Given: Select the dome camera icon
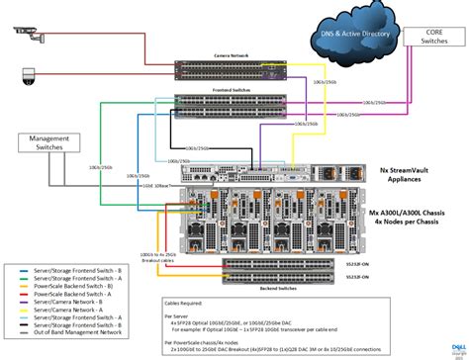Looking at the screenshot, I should click(x=28, y=74).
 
